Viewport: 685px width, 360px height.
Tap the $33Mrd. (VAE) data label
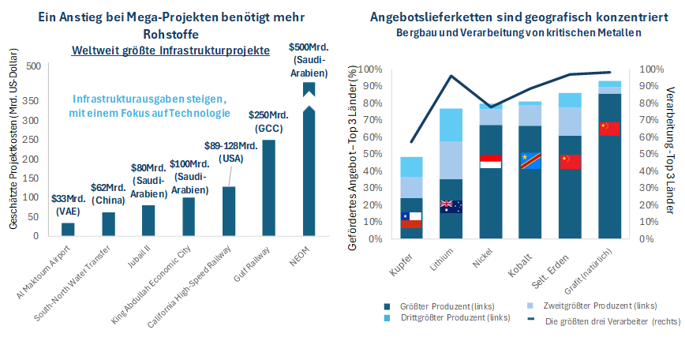[68, 184]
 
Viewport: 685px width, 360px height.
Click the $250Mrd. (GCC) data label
[268, 122]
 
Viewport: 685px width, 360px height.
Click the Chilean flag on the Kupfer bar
[410, 220]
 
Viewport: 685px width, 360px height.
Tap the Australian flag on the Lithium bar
[451, 206]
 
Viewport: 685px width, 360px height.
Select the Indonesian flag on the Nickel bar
[491, 161]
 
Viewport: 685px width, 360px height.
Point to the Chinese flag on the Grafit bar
[609, 129]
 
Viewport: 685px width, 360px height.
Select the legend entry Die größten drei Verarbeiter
[600, 321]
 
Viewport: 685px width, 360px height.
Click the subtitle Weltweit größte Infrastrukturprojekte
[170, 51]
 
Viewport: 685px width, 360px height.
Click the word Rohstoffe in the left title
[170, 34]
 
